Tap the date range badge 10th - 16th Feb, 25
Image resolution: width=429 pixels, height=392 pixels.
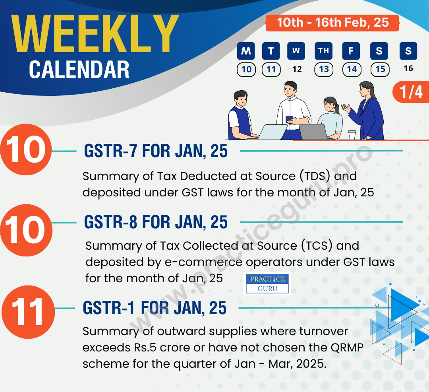332,23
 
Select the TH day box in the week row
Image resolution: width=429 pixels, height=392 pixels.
324,51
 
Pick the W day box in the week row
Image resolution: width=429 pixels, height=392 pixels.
296,51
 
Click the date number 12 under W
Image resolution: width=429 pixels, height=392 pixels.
297,69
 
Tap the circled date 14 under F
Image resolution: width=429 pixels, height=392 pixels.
352,70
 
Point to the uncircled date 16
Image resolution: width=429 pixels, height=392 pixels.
408,68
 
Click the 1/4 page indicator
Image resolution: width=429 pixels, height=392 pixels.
411,92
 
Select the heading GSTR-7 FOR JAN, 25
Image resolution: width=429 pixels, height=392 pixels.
156,151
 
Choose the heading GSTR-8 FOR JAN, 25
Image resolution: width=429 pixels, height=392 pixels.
156,223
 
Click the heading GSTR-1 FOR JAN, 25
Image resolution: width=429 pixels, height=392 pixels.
155,308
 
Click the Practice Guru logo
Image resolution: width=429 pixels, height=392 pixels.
267,284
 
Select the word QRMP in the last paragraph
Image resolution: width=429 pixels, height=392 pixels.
349,347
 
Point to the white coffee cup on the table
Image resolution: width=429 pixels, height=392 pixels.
352,135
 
